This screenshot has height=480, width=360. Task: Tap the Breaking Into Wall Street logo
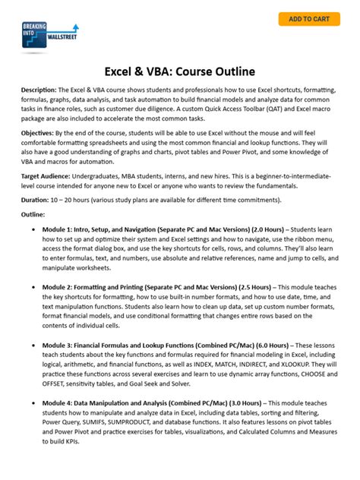click(49, 36)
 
